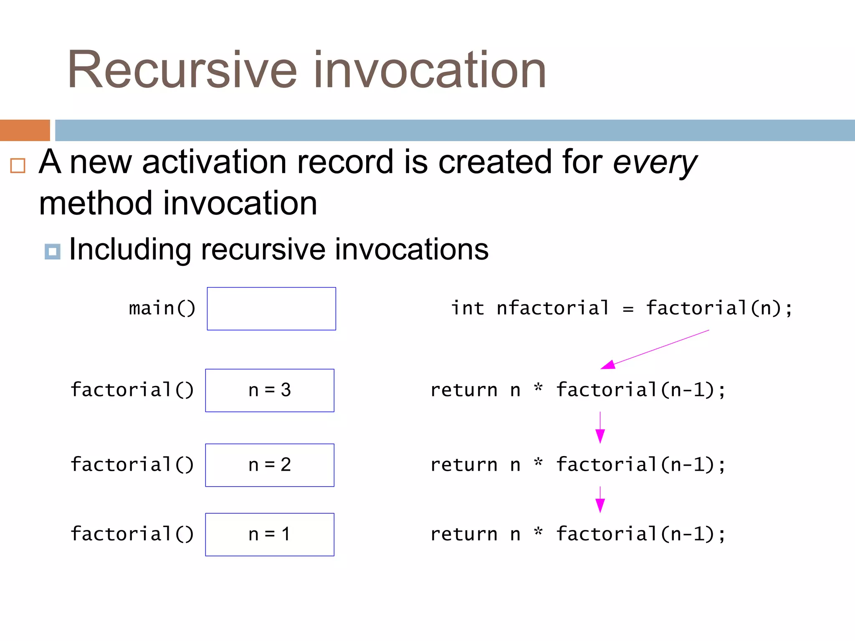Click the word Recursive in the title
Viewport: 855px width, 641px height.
click(182, 70)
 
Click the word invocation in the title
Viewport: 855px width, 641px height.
click(430, 70)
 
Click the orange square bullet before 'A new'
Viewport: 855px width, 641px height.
click(18, 166)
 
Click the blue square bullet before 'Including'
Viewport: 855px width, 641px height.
click(53, 252)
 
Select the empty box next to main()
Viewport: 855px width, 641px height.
click(271, 309)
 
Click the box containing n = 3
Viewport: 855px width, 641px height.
click(270, 391)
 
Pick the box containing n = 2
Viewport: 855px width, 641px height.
click(270, 465)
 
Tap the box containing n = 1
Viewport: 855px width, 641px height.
click(270, 535)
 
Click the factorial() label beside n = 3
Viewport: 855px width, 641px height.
click(132, 390)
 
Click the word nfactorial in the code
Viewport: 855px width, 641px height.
click(553, 308)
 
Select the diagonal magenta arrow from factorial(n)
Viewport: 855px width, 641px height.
click(655, 350)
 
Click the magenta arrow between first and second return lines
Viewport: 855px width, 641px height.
click(600, 428)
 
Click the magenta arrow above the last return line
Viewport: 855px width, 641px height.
click(600, 500)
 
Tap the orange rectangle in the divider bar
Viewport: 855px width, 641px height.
click(25, 130)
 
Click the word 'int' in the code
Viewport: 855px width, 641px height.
click(468, 308)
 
